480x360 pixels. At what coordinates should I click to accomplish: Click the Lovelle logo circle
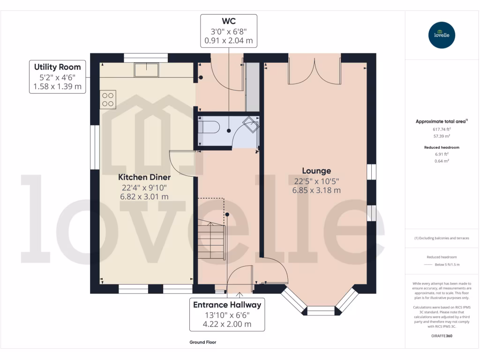click(442, 35)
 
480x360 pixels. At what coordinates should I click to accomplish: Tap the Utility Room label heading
click(57, 67)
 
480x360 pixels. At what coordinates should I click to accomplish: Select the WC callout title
click(228, 22)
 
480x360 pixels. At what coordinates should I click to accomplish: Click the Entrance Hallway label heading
click(227, 305)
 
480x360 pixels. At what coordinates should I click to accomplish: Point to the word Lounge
click(316, 171)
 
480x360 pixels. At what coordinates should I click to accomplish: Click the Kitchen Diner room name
click(144, 177)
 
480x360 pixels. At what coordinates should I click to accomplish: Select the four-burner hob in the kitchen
click(108, 99)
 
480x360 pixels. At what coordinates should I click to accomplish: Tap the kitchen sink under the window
click(146, 70)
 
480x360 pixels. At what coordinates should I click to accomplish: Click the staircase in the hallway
click(211, 241)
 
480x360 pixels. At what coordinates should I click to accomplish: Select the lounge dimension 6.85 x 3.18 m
click(316, 190)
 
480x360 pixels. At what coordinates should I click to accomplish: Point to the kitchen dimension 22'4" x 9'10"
click(144, 187)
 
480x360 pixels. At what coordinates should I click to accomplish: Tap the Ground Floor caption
click(203, 342)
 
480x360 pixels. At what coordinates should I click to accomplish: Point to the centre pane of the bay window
click(321, 310)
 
